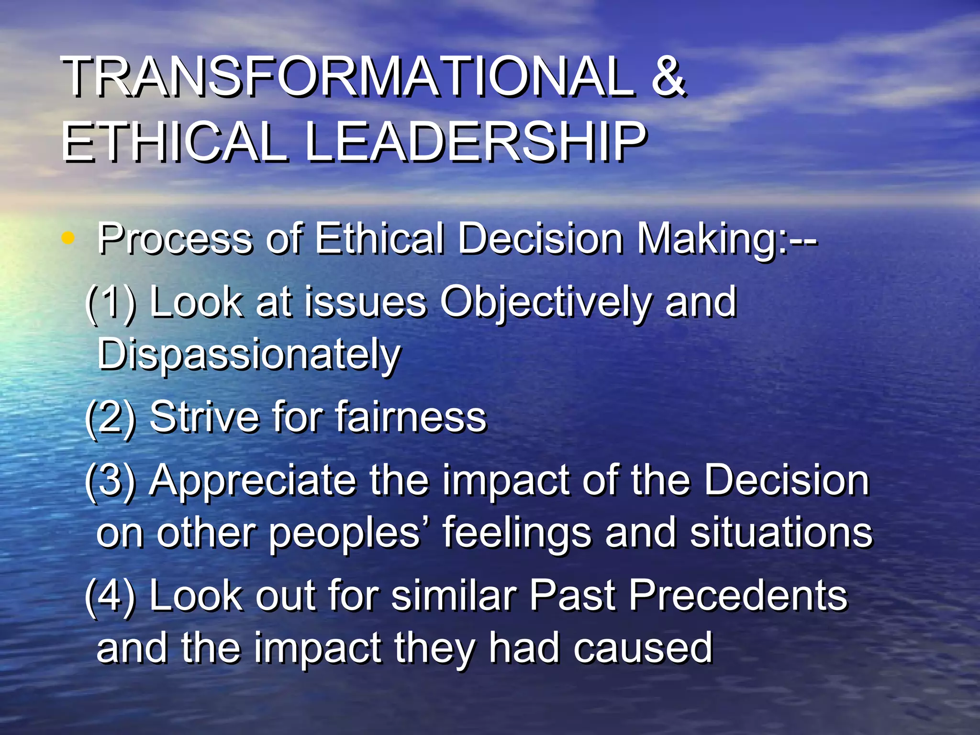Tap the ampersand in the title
click(668, 77)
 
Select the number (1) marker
click(111, 302)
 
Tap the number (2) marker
click(111, 417)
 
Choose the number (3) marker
click(111, 480)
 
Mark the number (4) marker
click(111, 596)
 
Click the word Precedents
click(737, 596)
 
